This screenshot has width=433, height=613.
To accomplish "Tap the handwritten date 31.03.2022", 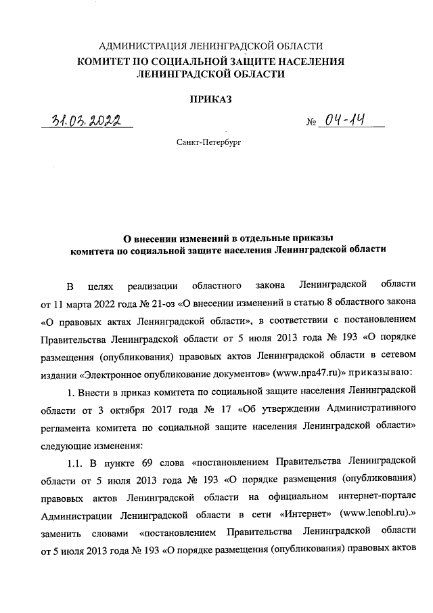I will pyautogui.click(x=86, y=121).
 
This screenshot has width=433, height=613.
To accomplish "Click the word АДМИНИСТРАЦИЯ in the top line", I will pyautogui.click(x=141, y=46).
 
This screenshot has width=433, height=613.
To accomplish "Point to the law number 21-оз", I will pyautogui.click(x=151, y=300).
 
